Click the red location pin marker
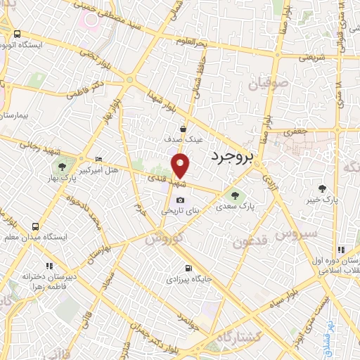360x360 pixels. pyautogui.click(x=181, y=165)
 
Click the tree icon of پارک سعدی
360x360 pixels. pyautogui.click(x=235, y=196)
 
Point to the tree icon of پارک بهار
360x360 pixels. pyautogui.click(x=63, y=168)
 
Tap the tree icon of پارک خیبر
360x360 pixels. pyautogui.click(x=323, y=188)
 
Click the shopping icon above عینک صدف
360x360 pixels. pyautogui.click(x=183, y=129)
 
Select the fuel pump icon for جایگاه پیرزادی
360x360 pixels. pyautogui.click(x=188, y=269)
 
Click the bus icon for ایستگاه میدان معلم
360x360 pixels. pyautogui.click(x=35, y=226)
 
